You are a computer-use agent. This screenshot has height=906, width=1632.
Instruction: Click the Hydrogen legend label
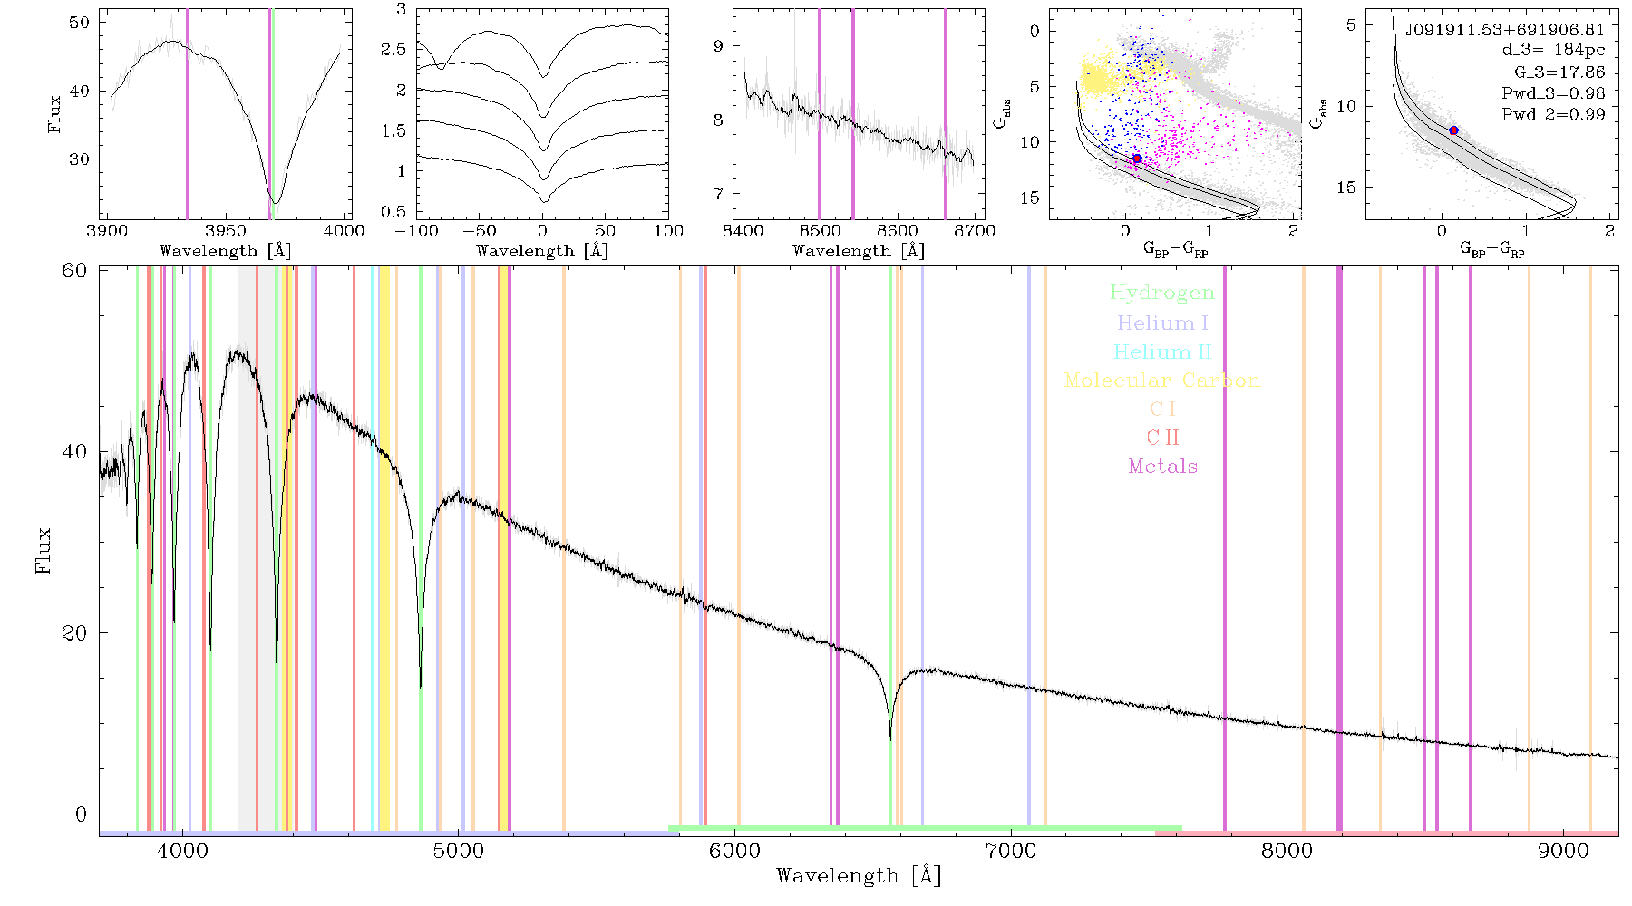coord(1162,293)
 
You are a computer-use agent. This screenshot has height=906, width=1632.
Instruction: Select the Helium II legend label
coord(1162,352)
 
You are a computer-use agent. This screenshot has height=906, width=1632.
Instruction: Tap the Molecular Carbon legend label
coord(1162,381)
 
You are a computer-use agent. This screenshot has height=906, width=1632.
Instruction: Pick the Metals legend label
coord(1163,467)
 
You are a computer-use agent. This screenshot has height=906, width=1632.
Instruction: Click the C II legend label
coord(1163,438)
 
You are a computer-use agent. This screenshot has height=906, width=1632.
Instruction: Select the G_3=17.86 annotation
coord(1559,72)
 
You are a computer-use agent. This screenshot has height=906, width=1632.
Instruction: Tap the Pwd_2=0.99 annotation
coord(1553,115)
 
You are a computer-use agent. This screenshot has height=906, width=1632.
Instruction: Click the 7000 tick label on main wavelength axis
coord(1011,851)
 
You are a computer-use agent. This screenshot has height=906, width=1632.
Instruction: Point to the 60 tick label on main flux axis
coord(74,271)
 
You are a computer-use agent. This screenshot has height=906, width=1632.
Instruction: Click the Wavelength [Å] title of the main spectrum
coord(859,876)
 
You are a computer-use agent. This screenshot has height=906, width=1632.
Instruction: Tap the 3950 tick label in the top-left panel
coord(226,230)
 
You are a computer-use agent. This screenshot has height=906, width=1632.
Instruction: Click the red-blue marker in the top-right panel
coord(1453,130)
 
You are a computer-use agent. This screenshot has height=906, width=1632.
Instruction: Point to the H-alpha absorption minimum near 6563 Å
coord(890,738)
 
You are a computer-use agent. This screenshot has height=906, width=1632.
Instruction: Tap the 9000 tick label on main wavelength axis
coord(1563,851)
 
